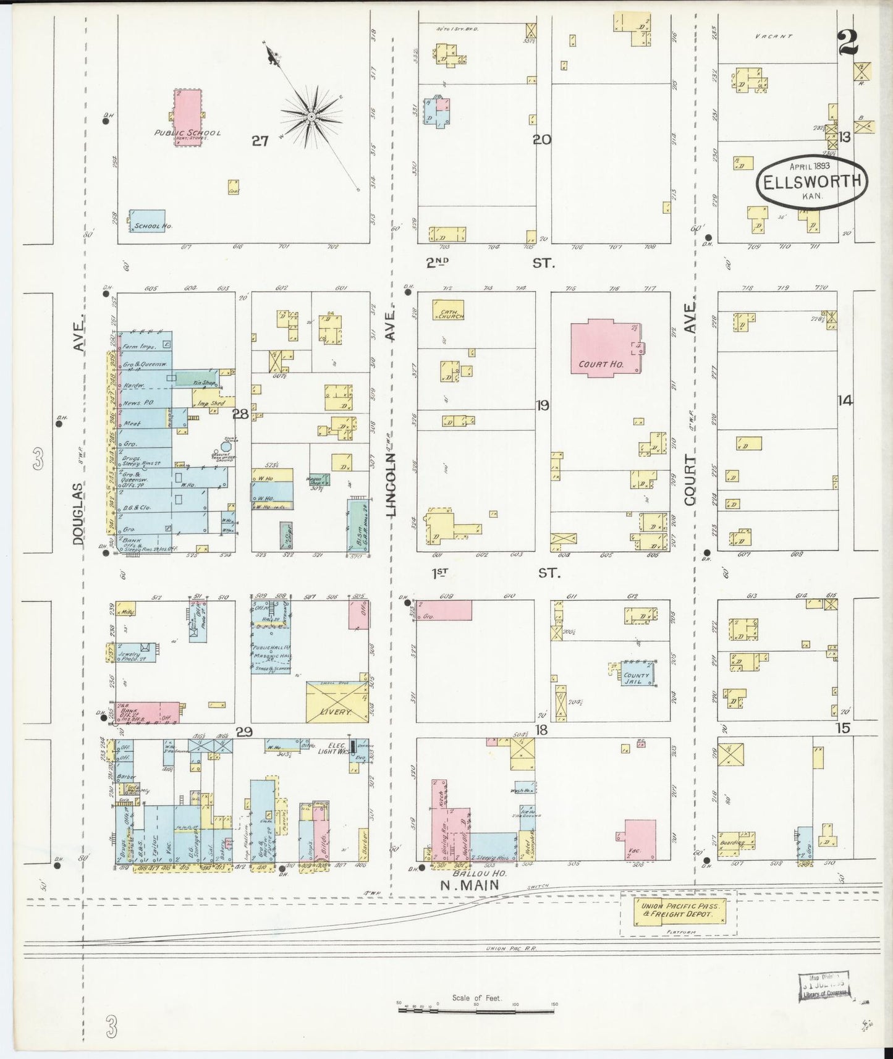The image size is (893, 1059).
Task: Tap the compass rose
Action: (312, 116)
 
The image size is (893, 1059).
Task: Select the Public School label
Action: (187, 133)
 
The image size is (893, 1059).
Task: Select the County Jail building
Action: (637, 674)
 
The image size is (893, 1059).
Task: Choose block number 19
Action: (543, 406)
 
